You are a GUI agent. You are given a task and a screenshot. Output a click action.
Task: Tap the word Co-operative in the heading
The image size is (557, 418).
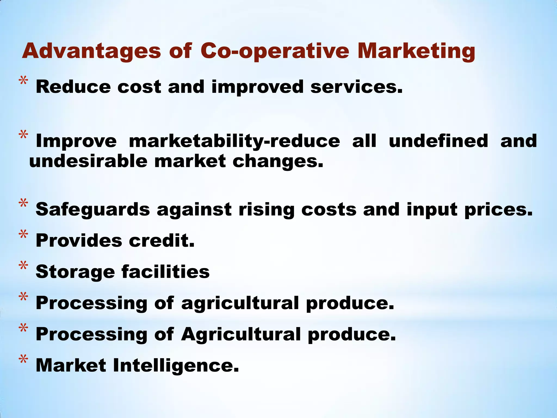[275, 51]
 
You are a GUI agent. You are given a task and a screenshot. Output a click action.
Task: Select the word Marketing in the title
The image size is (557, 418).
[416, 51]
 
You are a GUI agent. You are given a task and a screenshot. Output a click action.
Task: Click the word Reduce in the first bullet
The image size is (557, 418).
[73, 87]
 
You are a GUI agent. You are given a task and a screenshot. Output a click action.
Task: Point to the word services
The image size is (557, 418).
[356, 87]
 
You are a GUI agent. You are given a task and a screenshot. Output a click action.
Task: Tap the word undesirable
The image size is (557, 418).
[88, 161]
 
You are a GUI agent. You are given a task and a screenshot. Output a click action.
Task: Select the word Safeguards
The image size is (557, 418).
[93, 210]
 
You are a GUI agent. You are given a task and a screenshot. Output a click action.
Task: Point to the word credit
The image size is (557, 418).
[162, 241]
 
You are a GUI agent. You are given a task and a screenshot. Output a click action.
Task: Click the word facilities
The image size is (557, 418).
[166, 272]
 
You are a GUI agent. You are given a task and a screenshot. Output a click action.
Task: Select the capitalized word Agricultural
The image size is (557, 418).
[241, 334]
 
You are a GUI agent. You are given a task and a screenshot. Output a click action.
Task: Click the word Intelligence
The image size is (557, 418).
[176, 366]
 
